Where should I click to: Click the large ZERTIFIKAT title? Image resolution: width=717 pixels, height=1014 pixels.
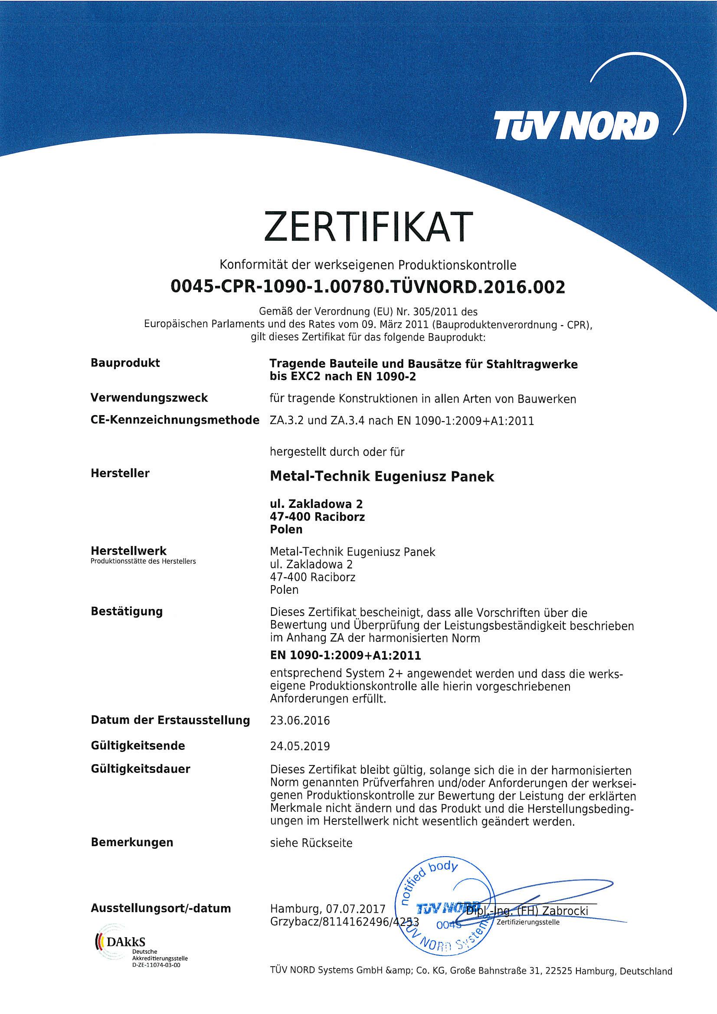click(365, 227)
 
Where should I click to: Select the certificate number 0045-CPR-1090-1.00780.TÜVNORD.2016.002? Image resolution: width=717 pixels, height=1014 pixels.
click(367, 287)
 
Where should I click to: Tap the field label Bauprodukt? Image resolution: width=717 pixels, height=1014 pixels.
click(125, 363)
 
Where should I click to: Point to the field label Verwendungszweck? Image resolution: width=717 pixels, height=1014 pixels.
click(149, 397)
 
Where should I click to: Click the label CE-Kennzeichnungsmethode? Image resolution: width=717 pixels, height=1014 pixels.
click(174, 420)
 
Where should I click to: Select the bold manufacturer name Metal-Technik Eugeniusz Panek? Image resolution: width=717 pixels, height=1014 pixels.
click(382, 477)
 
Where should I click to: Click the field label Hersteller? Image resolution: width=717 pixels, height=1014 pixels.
click(120, 473)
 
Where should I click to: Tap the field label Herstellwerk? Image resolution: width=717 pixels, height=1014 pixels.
click(128, 551)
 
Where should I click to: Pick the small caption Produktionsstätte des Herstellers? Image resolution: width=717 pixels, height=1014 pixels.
click(143, 561)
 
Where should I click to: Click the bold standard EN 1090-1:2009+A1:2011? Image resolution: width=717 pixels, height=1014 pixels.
click(345, 655)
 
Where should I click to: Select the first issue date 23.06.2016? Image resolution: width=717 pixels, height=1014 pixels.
click(300, 720)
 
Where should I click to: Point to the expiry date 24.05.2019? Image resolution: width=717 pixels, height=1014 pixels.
click(300, 746)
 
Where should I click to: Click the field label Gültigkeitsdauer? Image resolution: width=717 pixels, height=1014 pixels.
click(140, 769)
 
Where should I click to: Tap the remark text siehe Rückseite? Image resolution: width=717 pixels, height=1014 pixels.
click(311, 843)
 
